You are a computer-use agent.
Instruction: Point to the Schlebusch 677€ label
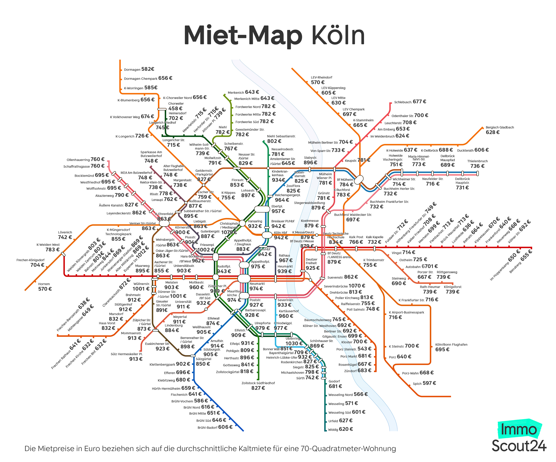[410, 102]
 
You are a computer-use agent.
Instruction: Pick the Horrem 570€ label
[44, 286]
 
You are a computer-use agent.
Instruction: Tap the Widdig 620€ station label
[340, 429]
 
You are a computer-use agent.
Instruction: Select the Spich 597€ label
[424, 383]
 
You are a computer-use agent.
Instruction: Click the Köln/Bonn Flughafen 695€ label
[451, 347]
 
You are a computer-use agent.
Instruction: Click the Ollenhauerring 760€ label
[85, 159]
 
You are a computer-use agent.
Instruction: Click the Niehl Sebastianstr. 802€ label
[281, 139]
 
